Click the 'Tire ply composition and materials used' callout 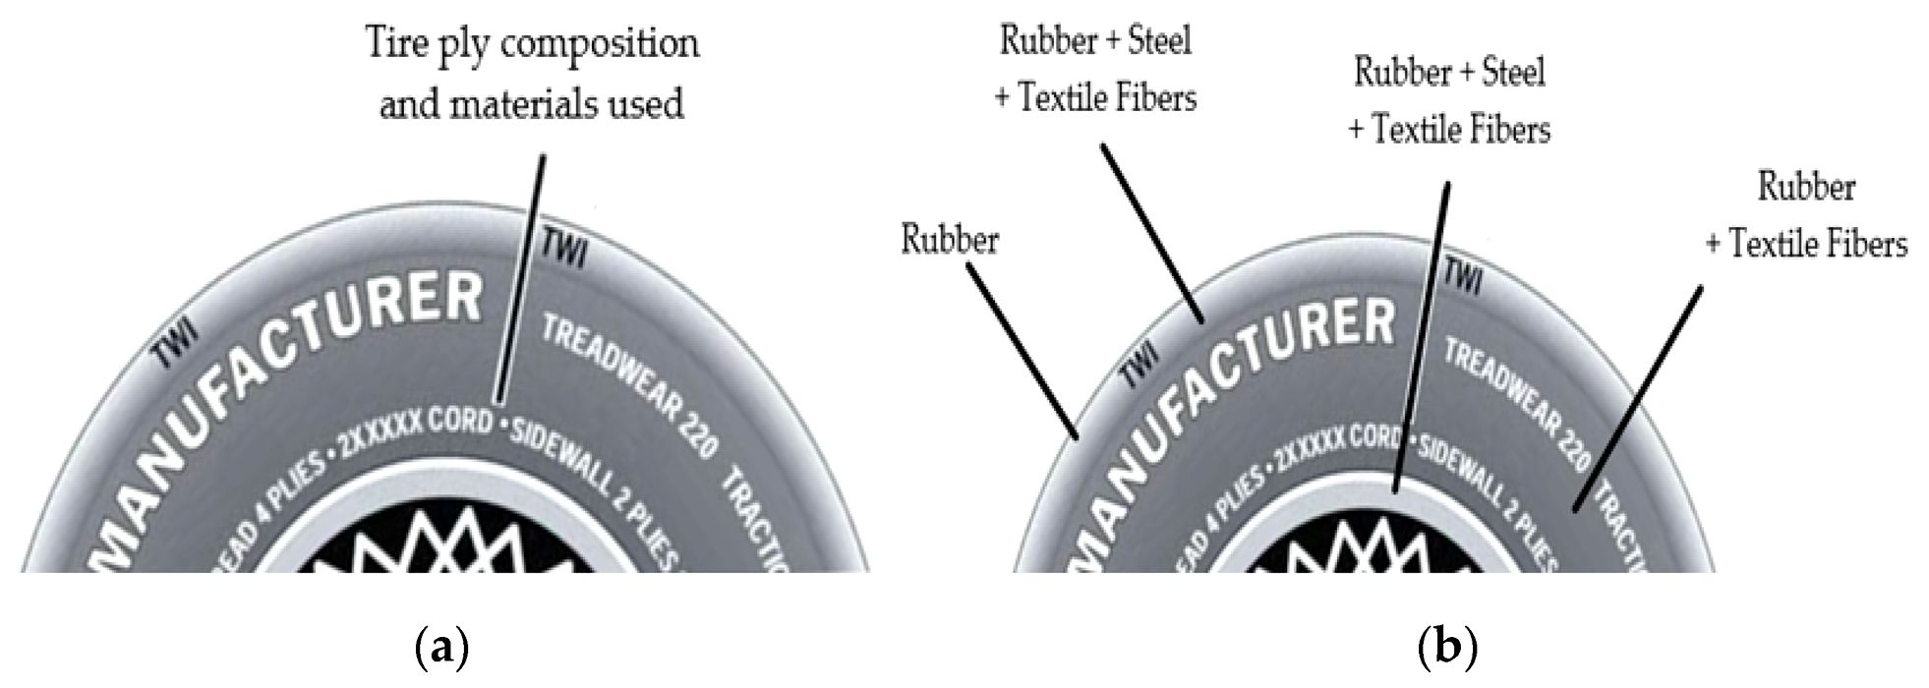pos(532,73)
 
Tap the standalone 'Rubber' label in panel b pos(949,240)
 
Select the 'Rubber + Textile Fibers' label pos(1806,215)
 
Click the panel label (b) pos(1449,649)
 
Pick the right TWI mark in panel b pos(1462,278)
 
